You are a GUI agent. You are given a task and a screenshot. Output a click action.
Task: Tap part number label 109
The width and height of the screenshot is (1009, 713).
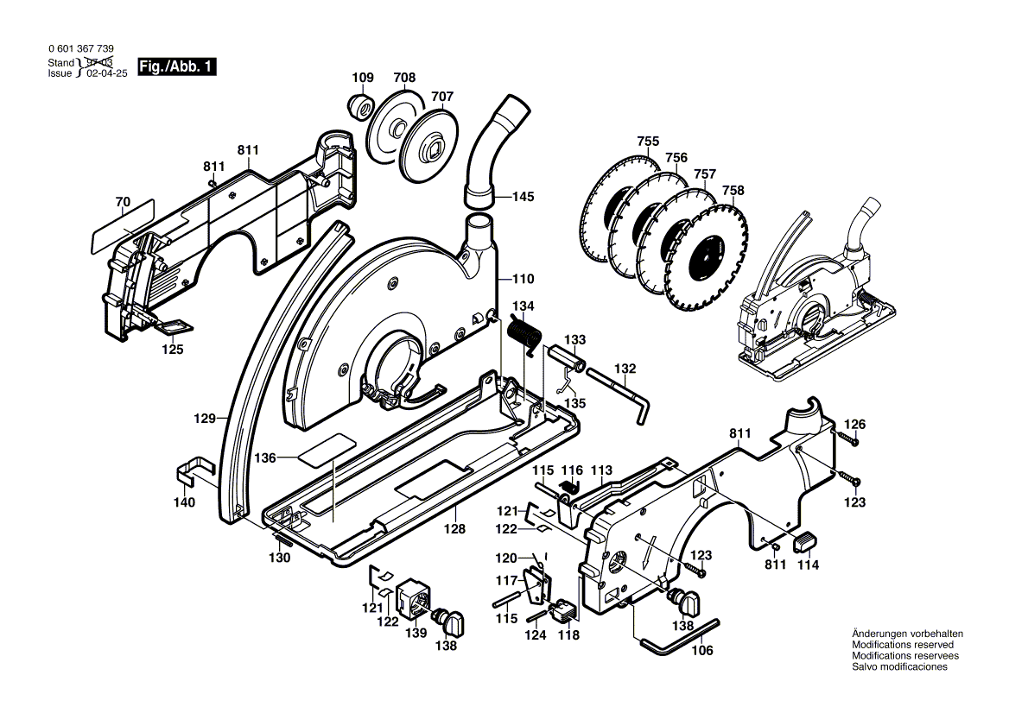363,78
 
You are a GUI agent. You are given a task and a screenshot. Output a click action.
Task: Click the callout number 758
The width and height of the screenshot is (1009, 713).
733,190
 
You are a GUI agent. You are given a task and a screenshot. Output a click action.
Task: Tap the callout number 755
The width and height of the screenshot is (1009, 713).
648,142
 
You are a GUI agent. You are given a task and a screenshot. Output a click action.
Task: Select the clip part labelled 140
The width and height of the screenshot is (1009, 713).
194,471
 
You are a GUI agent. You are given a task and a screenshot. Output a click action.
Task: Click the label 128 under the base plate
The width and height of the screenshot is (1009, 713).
454,529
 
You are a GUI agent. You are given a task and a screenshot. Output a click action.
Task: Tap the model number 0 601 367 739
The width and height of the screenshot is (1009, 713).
79,50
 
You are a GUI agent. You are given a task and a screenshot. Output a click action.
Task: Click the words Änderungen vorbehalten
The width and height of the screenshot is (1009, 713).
907,634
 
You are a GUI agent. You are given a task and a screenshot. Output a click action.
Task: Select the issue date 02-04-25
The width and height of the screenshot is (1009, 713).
106,73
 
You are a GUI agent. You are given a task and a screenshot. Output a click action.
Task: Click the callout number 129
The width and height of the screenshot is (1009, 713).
204,418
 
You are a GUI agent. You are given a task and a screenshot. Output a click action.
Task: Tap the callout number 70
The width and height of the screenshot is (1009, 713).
123,202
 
